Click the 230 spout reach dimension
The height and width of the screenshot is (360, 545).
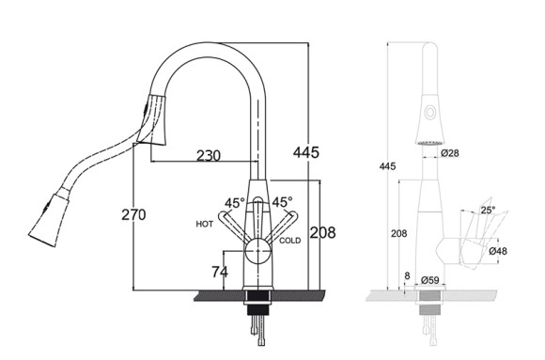[209, 155]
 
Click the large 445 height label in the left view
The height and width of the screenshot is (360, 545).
[306, 152]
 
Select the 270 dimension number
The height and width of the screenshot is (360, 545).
[133, 214]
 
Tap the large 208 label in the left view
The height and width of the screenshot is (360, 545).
[322, 233]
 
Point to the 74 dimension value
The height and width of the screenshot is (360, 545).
[220, 272]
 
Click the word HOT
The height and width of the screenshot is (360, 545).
[205, 224]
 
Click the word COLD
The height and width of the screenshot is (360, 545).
[289, 241]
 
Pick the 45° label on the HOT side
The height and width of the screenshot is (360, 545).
[235, 203]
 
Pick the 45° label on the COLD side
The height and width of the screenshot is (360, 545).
[282, 202]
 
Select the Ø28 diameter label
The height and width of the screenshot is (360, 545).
[450, 153]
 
